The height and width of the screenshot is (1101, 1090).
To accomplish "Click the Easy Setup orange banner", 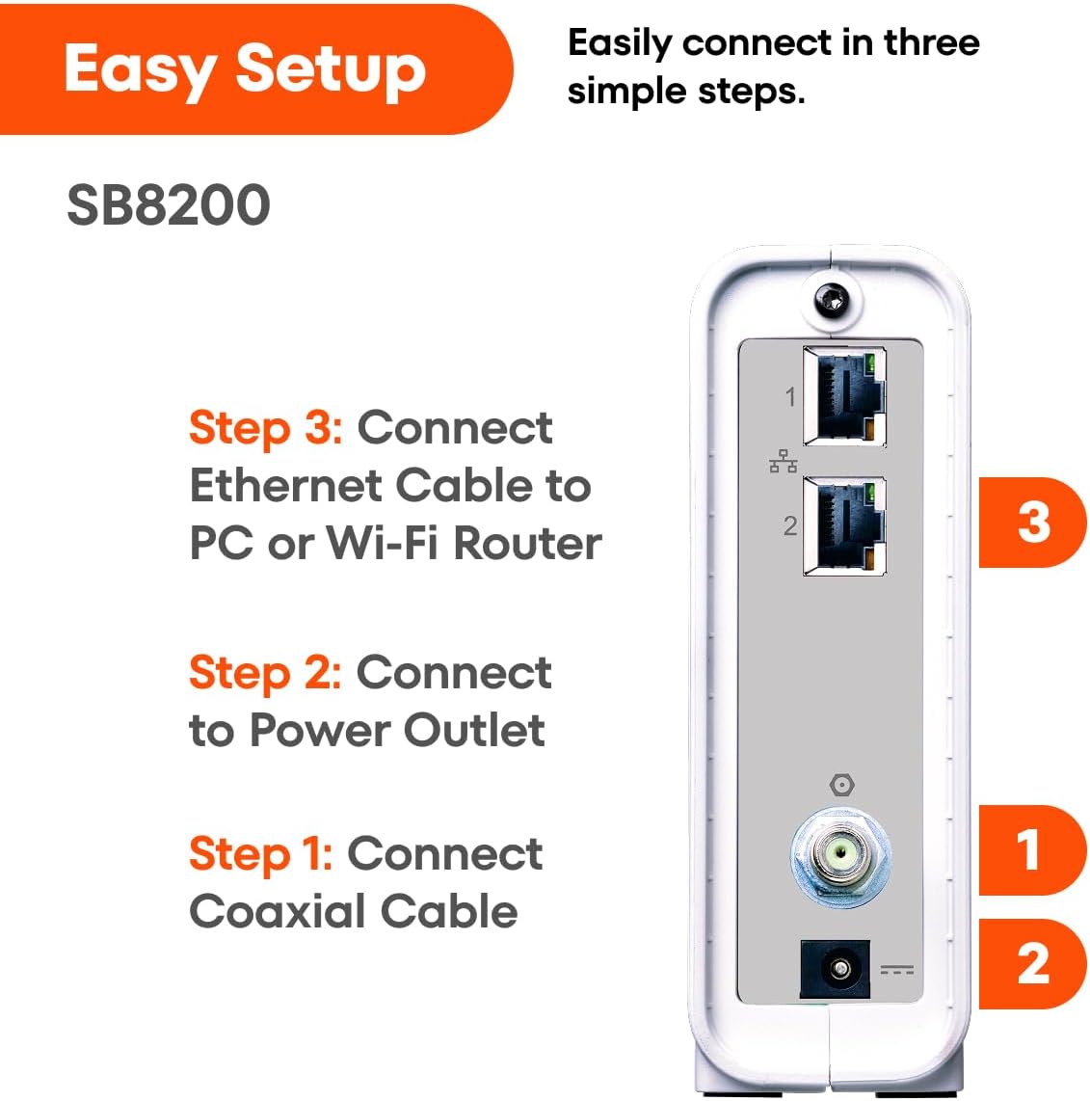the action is point(256,68).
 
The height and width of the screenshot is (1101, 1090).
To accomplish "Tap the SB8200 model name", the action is point(169,205).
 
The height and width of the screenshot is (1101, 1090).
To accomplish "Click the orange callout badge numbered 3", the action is point(1032,523).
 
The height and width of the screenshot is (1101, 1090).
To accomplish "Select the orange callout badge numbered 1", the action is point(1032,849).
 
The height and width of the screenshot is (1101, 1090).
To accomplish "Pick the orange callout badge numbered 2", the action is point(1032,963).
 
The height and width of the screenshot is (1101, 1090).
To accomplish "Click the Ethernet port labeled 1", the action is point(844,396).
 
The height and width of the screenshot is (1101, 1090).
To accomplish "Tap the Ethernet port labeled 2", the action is point(844,526).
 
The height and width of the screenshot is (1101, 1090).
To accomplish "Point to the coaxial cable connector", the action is point(840,857).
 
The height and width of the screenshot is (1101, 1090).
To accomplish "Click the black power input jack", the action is point(836,969).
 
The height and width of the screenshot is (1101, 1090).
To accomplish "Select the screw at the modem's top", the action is point(832,301).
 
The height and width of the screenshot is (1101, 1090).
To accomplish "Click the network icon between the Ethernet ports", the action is point(784,462).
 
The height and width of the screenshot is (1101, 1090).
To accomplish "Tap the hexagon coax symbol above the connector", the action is point(841,785).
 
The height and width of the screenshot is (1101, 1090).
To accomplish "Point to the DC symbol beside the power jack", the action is point(897,970).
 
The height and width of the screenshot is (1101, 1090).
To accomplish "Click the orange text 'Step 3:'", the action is point(266,427).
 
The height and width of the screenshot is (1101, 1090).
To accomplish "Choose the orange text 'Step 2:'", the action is point(265,672).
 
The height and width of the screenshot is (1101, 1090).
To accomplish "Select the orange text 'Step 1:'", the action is point(261,854).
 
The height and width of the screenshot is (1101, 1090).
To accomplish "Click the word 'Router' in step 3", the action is point(528,544).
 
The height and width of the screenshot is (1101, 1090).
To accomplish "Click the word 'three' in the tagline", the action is point(931,42).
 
